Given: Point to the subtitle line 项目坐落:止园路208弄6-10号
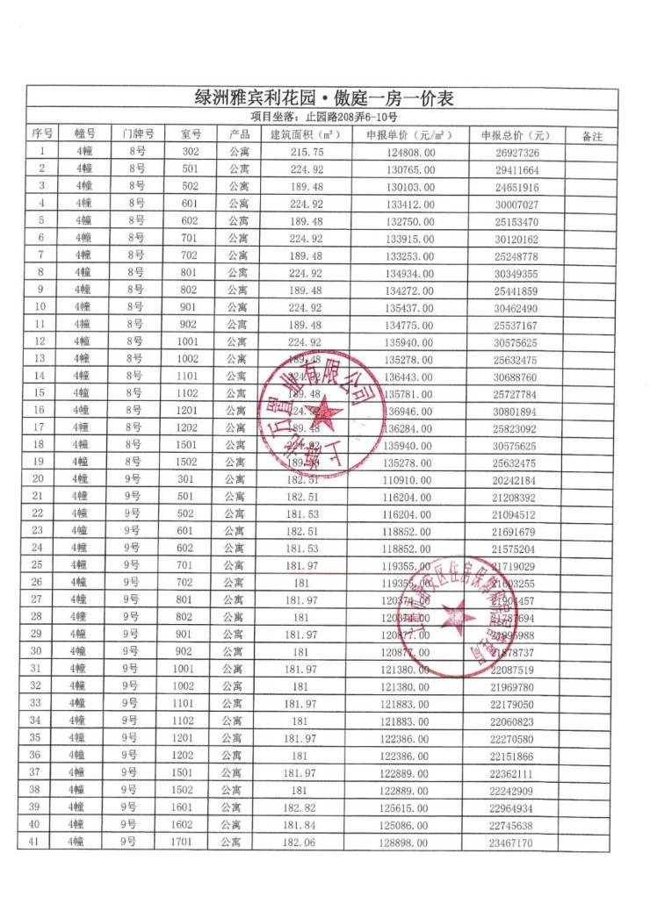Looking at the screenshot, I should tap(324, 117).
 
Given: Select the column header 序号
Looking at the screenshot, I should tap(41, 134).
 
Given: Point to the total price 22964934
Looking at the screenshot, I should tap(512, 808).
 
